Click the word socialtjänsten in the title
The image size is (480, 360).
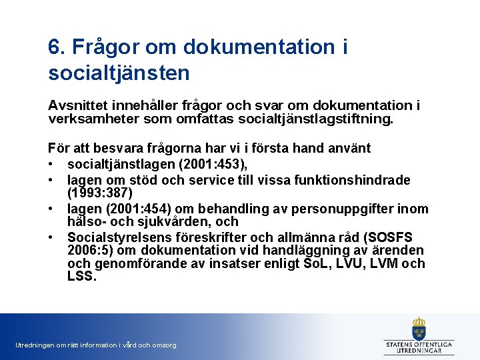click(119, 72)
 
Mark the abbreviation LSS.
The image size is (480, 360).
click(81, 276)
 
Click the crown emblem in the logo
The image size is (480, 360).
click(419, 327)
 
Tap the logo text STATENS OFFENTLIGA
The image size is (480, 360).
click(419, 344)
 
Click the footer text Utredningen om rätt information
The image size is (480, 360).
click(95, 345)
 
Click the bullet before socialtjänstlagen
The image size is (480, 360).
click(51, 165)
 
